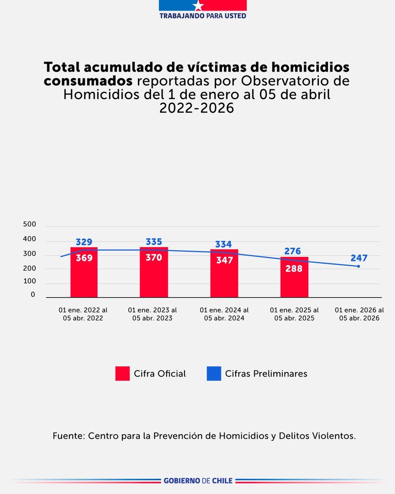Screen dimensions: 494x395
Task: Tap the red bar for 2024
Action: [x=224, y=280]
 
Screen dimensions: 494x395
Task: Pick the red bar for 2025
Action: [x=294, y=284]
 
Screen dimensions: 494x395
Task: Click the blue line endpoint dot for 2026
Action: [x=358, y=266]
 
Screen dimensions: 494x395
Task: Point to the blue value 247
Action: [x=359, y=258]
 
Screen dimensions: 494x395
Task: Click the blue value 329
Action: [x=84, y=242]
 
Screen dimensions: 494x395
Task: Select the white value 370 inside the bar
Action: [x=154, y=258]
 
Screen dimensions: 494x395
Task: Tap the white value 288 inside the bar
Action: [x=294, y=268]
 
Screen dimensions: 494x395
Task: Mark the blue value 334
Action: [x=223, y=244]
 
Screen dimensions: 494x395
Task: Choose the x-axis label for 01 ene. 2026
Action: [x=359, y=314]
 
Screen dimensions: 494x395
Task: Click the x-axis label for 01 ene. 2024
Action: [x=224, y=314]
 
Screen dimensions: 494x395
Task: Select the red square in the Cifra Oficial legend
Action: [x=122, y=373]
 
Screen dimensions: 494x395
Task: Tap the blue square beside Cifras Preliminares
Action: [x=214, y=373]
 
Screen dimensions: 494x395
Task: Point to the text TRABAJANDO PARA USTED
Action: [x=202, y=16]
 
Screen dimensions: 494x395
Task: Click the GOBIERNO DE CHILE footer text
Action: [x=198, y=480]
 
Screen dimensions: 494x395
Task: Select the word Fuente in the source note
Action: [x=68, y=436]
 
